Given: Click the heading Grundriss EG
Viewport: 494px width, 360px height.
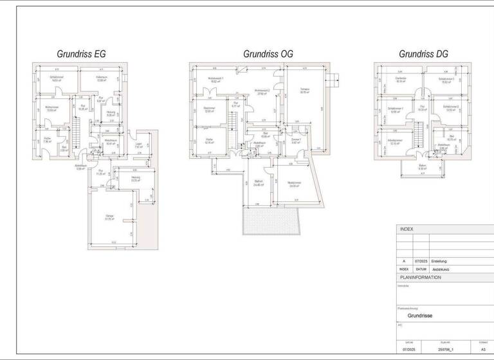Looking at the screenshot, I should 82,54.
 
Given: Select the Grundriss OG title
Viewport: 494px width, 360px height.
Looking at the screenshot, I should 268,54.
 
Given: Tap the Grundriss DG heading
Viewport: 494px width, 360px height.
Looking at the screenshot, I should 423,54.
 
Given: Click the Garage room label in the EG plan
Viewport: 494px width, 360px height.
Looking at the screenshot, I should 109,217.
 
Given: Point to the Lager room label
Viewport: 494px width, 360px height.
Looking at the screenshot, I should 138,145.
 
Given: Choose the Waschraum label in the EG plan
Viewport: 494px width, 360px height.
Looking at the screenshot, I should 110,141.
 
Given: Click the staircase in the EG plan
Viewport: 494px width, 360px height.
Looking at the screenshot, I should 75,134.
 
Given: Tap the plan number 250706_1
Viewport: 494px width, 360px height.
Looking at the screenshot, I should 446,350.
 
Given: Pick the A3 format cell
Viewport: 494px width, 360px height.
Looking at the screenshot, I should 483,350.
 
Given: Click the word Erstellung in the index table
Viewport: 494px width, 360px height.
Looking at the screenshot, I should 440,262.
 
